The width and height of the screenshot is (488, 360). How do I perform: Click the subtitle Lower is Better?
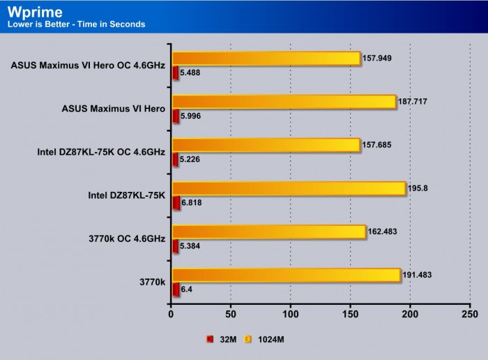(x=76, y=24)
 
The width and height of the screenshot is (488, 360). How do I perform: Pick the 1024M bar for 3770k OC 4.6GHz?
(x=268, y=232)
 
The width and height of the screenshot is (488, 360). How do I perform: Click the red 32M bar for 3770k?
(x=176, y=290)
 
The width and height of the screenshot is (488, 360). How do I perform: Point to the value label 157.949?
(x=378, y=58)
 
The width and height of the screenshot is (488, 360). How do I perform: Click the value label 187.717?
(x=413, y=102)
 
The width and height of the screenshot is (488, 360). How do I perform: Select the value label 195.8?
(x=417, y=188)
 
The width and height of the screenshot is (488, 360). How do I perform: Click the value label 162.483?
(x=383, y=231)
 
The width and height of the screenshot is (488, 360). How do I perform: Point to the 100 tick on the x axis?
(x=291, y=315)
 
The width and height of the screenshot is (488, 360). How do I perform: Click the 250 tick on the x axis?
(x=470, y=315)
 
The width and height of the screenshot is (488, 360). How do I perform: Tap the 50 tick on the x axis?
(x=231, y=315)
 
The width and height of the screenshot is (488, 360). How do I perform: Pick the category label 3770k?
(x=152, y=282)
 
